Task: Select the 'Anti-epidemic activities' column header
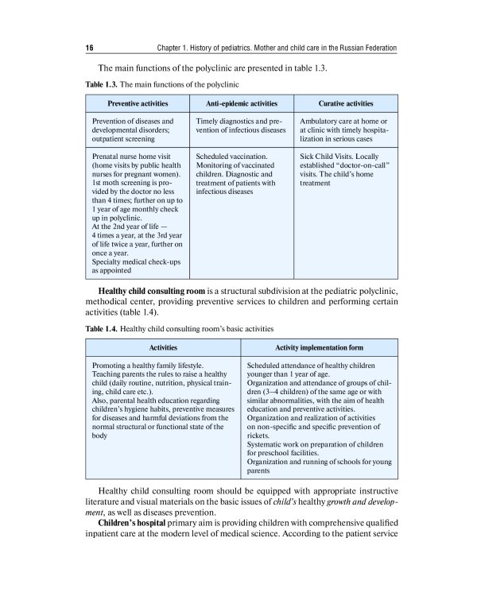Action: (241, 103)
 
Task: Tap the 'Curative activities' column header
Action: (346, 103)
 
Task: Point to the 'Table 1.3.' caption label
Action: (101, 83)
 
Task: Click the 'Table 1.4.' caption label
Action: (101, 327)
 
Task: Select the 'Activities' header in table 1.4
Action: (163, 348)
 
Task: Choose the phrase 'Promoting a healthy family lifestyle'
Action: (147, 366)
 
